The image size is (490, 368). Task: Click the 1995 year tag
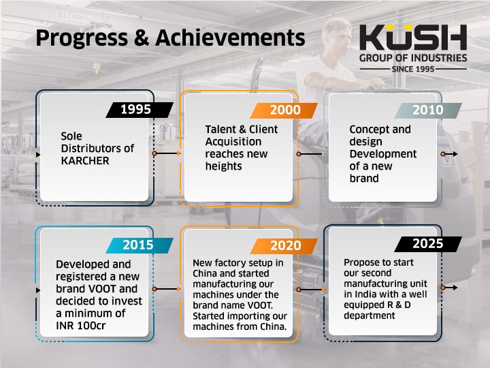[x=140, y=110]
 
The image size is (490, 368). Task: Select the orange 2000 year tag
[x=284, y=110]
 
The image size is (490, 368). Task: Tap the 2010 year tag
[x=428, y=110]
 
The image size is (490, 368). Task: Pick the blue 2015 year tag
[x=140, y=245]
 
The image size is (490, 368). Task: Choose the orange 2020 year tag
[x=284, y=246]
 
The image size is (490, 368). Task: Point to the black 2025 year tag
[x=428, y=244]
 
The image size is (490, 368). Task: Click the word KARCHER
[x=85, y=161]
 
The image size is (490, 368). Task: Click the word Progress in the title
[x=82, y=39]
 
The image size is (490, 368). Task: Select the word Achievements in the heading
[x=230, y=38]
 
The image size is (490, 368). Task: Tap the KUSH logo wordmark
[x=413, y=37]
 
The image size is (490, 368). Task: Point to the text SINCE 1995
[x=413, y=69]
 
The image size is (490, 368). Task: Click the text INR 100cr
[x=81, y=326]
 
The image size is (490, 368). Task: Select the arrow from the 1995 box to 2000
[x=167, y=153]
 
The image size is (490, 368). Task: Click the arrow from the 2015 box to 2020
[x=167, y=289]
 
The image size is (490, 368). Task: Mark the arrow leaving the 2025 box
[x=449, y=288]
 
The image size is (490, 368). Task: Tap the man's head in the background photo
[x=338, y=36]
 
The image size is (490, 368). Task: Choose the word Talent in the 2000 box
[x=220, y=129]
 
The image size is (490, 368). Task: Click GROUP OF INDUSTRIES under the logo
[x=413, y=58]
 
